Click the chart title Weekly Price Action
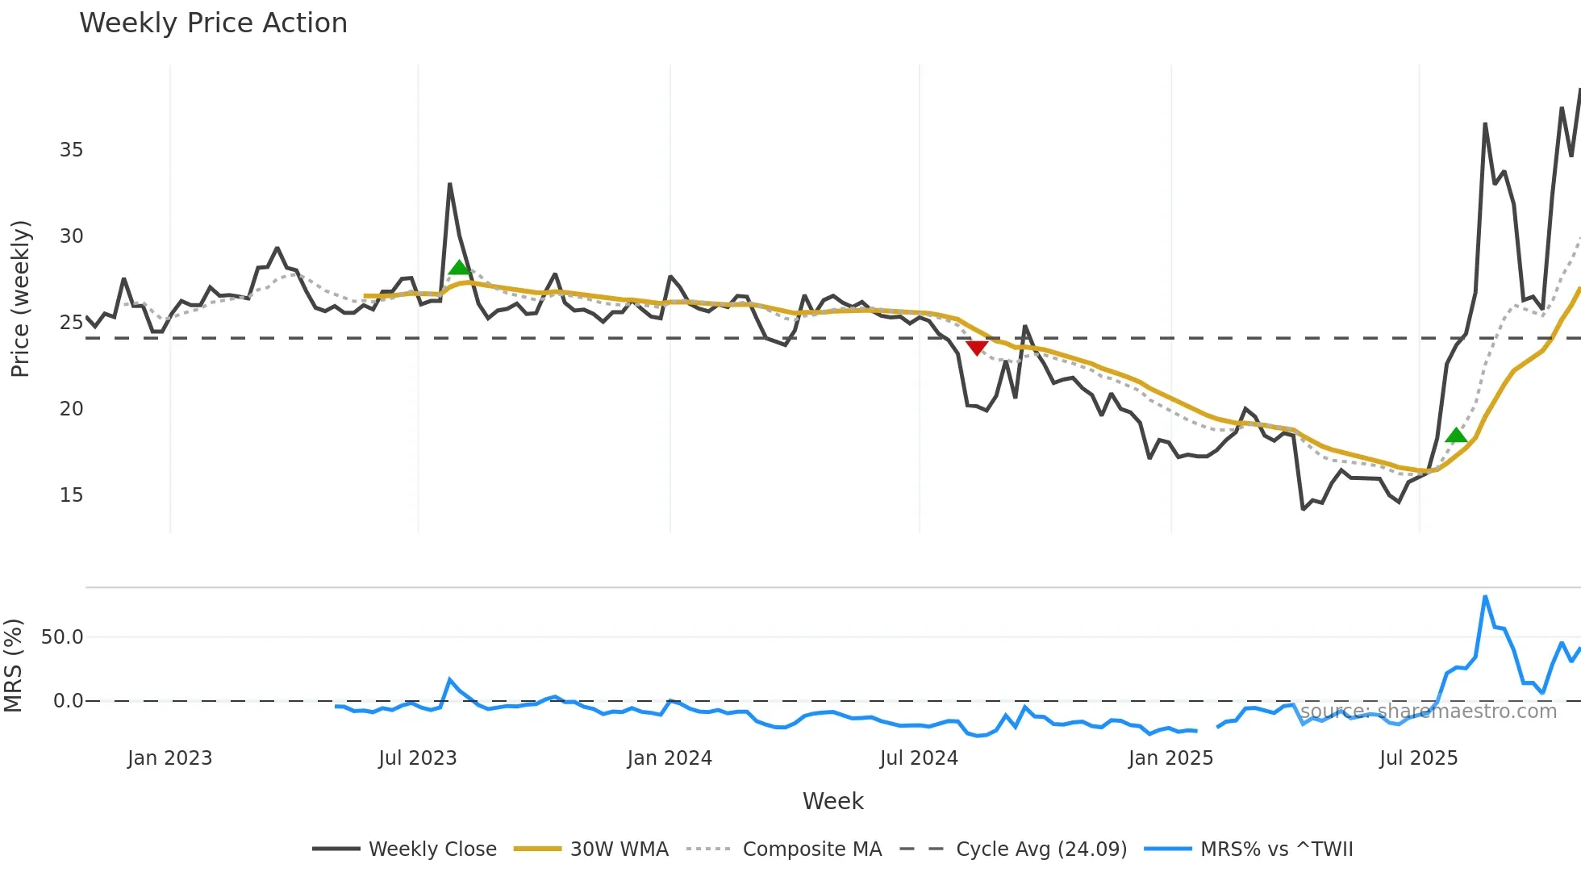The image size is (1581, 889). tap(213, 23)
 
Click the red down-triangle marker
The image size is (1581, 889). tap(977, 348)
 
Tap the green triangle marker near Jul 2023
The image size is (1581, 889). tap(459, 268)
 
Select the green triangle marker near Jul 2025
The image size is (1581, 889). tap(1456, 436)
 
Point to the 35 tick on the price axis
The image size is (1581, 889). tap(71, 150)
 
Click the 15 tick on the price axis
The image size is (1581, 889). tap(71, 495)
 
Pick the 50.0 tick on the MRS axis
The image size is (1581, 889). tap(62, 637)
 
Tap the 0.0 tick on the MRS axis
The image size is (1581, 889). tap(68, 701)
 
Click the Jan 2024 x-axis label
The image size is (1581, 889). tap(670, 758)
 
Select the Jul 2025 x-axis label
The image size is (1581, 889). tap(1418, 758)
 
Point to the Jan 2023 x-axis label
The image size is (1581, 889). tap(169, 758)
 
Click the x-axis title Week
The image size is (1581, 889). tap(832, 801)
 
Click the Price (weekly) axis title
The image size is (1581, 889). tap(20, 298)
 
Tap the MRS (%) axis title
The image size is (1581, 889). tap(14, 666)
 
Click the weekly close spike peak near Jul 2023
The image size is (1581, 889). tap(449, 185)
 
